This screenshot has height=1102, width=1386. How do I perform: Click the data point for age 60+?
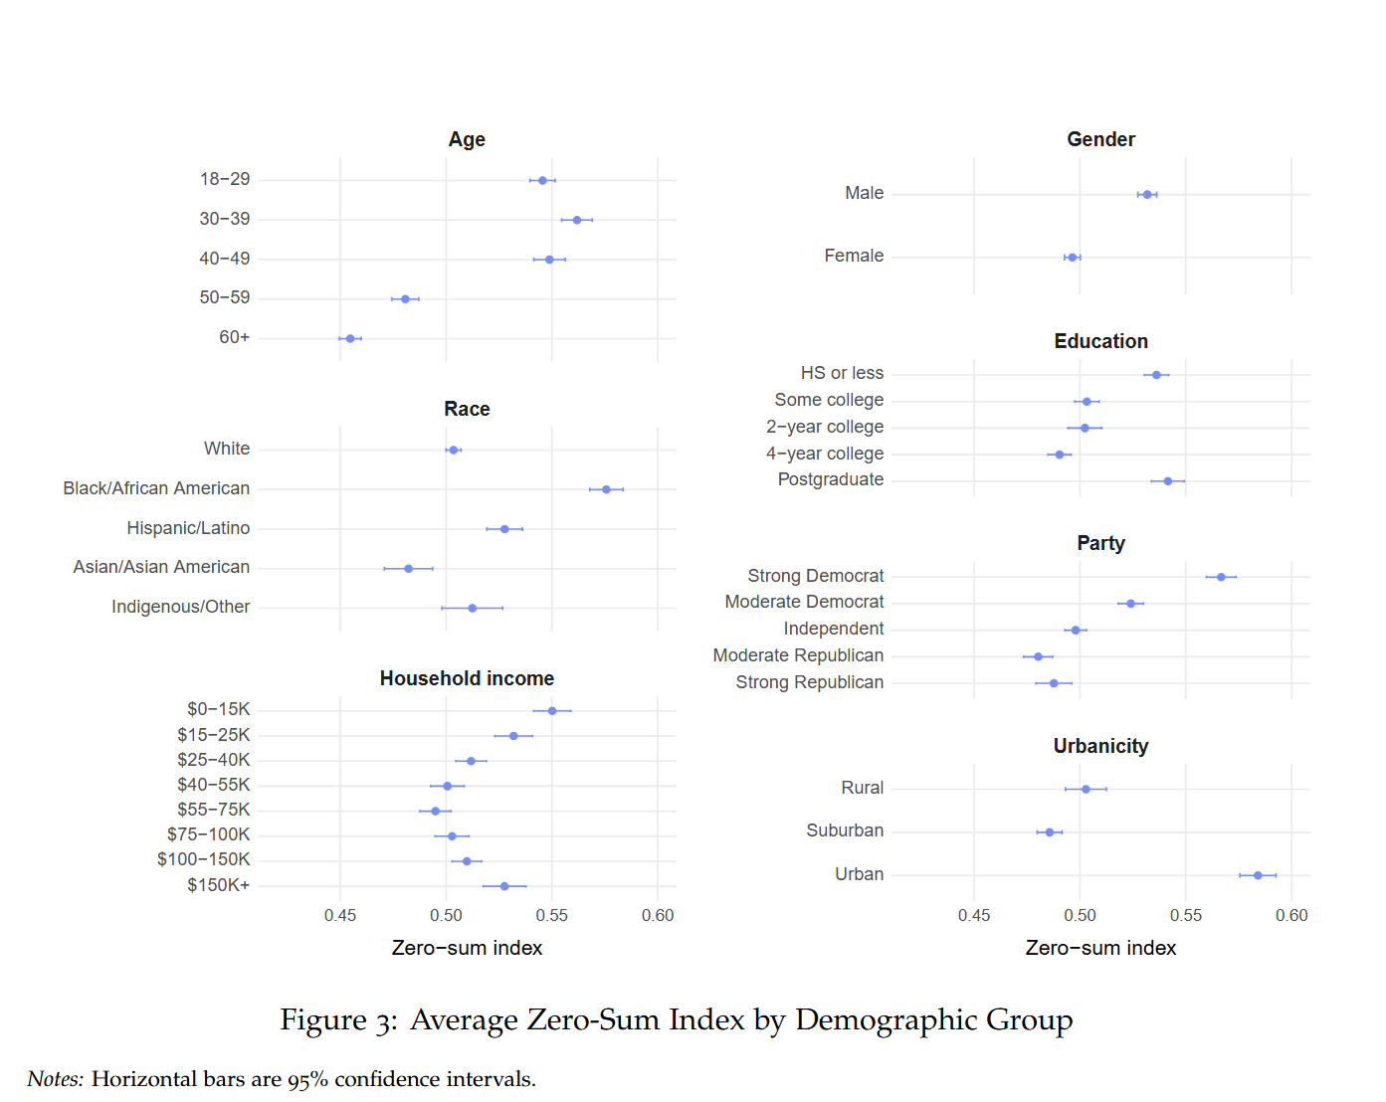pyautogui.click(x=350, y=339)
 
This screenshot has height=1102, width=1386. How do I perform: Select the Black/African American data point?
pyautogui.click(x=606, y=489)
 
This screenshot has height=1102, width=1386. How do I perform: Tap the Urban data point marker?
pyautogui.click(x=1258, y=875)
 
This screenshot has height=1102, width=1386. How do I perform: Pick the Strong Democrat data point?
pyautogui.click(x=1221, y=577)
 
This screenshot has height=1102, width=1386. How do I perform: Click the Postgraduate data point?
pyautogui.click(x=1168, y=481)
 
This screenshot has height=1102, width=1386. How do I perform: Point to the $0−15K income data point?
pyautogui.click(x=552, y=711)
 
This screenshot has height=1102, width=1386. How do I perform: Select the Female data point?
pyautogui.click(x=1072, y=258)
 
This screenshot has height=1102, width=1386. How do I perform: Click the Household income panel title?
pyautogui.click(x=467, y=678)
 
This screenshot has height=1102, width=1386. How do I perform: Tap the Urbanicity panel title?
pyautogui.click(x=1100, y=746)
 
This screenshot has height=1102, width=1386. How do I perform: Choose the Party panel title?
pyautogui.click(x=1100, y=543)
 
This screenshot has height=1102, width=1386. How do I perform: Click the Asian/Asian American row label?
pyautogui.click(x=161, y=567)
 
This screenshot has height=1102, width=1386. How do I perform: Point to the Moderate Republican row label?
pyautogui.click(x=798, y=655)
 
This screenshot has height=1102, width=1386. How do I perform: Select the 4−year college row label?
pyautogui.click(x=825, y=454)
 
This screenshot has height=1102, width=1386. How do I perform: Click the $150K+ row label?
pyautogui.click(x=219, y=885)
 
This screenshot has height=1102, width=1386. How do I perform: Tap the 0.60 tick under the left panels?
pyautogui.click(x=658, y=915)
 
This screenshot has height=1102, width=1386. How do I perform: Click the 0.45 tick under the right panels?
pyautogui.click(x=974, y=915)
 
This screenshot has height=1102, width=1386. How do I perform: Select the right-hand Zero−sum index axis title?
pyautogui.click(x=1100, y=948)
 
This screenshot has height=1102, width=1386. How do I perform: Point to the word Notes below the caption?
pyautogui.click(x=55, y=1079)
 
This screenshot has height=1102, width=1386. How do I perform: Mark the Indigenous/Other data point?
pyautogui.click(x=473, y=608)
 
